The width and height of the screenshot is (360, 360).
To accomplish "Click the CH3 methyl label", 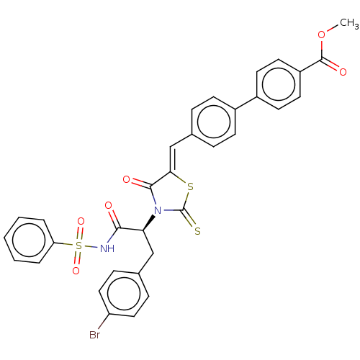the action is click(x=349, y=23).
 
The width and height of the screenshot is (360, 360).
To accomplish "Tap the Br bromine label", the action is click(x=94, y=335).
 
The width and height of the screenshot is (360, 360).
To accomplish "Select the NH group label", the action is click(x=107, y=248).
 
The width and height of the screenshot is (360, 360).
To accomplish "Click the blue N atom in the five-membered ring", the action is click(x=158, y=211).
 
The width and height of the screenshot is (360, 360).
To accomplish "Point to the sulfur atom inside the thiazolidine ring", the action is click(x=190, y=187).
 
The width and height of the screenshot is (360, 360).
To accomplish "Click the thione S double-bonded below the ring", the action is click(x=197, y=231).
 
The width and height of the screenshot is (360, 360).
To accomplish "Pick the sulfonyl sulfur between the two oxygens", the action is click(x=78, y=246).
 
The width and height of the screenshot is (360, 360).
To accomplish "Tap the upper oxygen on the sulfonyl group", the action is click(x=81, y=221).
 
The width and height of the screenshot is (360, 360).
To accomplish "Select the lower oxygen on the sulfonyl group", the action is click(x=76, y=271).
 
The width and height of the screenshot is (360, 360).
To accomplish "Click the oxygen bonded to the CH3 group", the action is click(x=322, y=35).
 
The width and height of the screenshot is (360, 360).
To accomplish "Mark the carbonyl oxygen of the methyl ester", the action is click(x=343, y=72).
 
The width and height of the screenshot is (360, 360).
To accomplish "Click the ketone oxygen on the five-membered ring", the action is click(x=126, y=179).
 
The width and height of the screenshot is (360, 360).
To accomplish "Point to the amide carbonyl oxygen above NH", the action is click(x=108, y=205).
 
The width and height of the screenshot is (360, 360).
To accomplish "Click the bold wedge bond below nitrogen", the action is click(x=148, y=223).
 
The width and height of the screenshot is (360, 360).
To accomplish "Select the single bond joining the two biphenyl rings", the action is click(x=246, y=103).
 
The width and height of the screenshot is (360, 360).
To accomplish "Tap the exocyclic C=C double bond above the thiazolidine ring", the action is click(x=171, y=159).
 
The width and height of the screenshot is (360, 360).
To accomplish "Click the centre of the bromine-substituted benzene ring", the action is click(x=124, y=293).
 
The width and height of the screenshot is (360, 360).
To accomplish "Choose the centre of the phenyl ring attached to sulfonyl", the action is click(x=29, y=240).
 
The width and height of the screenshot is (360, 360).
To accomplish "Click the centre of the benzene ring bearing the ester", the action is click(x=279, y=84).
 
